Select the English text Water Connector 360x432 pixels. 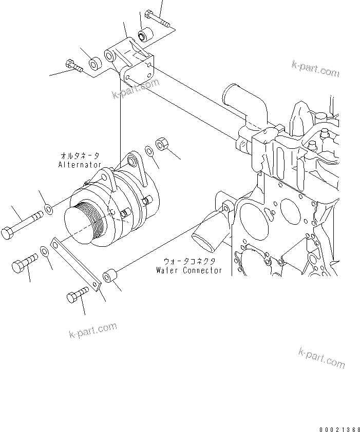[189, 270]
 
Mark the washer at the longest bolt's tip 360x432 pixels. [48, 209]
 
